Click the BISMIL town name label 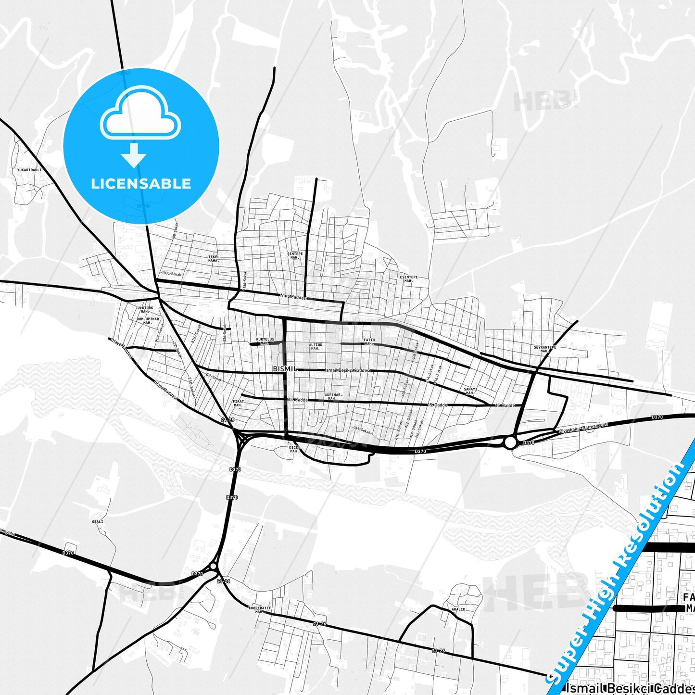click(285, 368)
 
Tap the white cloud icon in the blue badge click(140, 113)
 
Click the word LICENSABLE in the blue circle click(141, 183)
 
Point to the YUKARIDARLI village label click(29, 170)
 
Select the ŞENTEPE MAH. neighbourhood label click(295, 255)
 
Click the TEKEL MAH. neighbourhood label click(214, 258)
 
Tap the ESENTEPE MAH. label click(409, 279)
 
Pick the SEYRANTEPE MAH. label click(545, 349)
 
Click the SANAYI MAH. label click(470, 391)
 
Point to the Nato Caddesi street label click(293, 297)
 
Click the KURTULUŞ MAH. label click(265, 341)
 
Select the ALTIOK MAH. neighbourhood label click(316, 346)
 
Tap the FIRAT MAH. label click(238, 403)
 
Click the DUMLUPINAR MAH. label click(148, 320)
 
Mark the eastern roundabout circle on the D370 click(510, 442)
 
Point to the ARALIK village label click(458, 609)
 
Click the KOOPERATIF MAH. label click(260, 609)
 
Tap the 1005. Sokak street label click(171, 273)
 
